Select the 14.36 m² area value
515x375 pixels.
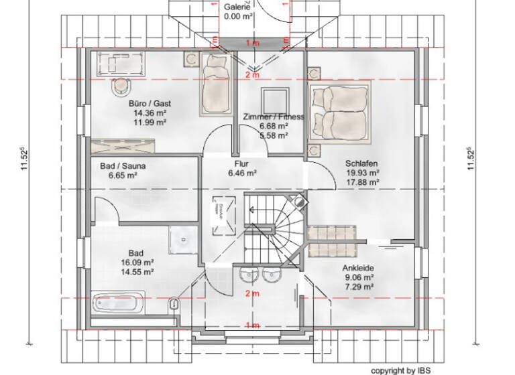click(145, 113)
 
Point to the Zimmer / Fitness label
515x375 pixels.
click(274, 117)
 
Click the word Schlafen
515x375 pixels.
click(362, 163)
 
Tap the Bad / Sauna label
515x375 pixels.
click(122, 166)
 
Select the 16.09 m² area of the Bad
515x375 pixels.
click(139, 263)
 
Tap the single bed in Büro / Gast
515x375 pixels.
click(216, 92)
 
